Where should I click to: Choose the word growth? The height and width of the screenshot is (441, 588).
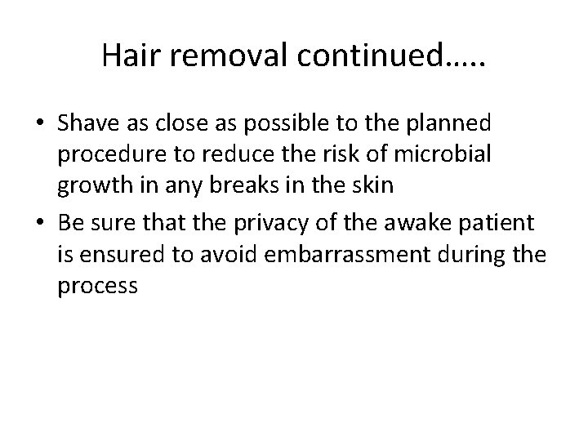point(91,185)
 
